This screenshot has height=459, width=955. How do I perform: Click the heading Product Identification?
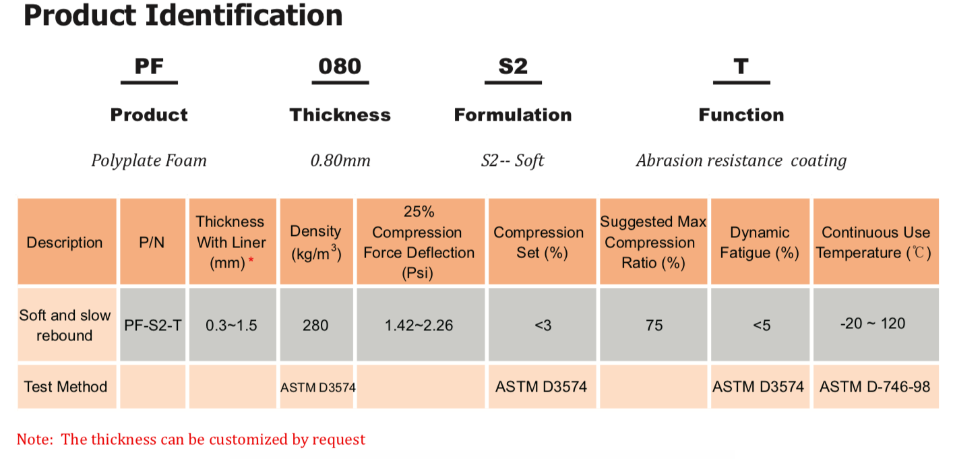click(x=183, y=15)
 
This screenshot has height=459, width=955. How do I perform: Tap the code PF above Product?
click(x=149, y=66)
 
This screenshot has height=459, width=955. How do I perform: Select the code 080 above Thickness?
click(x=340, y=66)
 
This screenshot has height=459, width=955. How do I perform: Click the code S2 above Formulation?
click(x=513, y=66)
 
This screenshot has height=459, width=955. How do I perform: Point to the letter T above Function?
click(x=741, y=66)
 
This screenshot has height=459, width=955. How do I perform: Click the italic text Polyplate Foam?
click(x=149, y=160)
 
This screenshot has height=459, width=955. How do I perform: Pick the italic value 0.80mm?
click(x=340, y=160)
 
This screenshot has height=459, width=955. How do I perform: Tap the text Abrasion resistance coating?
click(x=741, y=160)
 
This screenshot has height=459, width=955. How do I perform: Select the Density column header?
click(x=315, y=242)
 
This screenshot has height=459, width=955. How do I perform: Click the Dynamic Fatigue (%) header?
click(x=760, y=242)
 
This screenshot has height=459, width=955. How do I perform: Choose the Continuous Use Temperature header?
click(x=875, y=242)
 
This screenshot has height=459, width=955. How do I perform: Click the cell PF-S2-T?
click(x=153, y=326)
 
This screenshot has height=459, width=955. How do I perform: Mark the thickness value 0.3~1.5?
click(x=232, y=326)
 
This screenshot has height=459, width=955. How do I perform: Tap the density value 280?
click(x=315, y=326)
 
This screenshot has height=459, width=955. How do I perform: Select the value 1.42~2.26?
click(x=419, y=326)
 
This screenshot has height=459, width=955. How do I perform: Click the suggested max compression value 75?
click(x=654, y=326)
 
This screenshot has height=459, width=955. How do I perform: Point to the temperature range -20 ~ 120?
click(x=873, y=324)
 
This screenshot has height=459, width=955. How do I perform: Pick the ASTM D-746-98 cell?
click(x=875, y=387)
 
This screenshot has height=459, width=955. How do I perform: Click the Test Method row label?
click(x=65, y=387)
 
